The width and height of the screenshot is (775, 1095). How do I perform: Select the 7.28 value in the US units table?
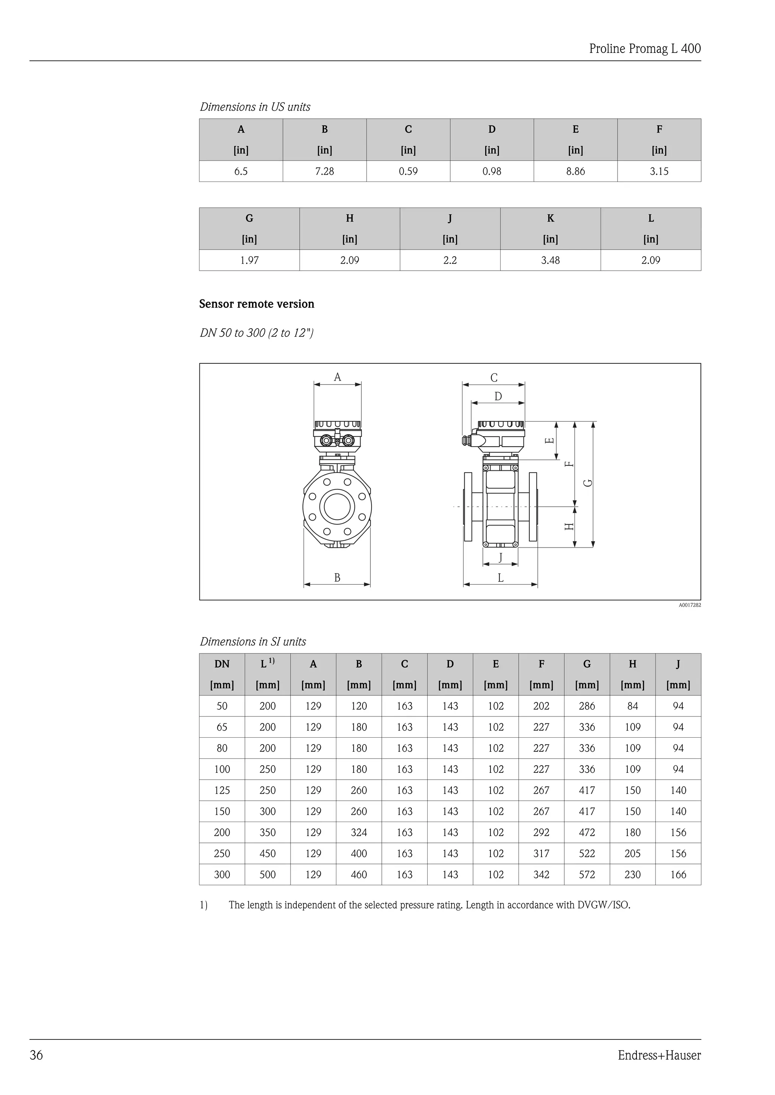click(x=325, y=171)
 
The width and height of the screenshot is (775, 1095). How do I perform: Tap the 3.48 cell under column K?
click(x=550, y=261)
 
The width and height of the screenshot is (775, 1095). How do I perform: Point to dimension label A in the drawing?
click(x=338, y=377)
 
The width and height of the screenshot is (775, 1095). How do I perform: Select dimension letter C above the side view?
click(x=494, y=378)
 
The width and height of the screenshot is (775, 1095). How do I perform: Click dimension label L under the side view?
click(x=501, y=578)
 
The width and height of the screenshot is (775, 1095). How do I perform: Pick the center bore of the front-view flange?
click(x=338, y=506)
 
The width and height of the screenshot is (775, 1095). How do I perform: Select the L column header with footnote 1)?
click(x=267, y=664)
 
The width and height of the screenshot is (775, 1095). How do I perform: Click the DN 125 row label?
click(x=222, y=790)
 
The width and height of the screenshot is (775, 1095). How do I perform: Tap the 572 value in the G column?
click(x=587, y=875)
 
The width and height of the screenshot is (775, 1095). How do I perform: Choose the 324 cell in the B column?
click(x=359, y=832)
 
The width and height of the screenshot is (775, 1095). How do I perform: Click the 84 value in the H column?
click(x=632, y=706)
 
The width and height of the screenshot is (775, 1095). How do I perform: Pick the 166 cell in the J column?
click(x=678, y=875)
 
